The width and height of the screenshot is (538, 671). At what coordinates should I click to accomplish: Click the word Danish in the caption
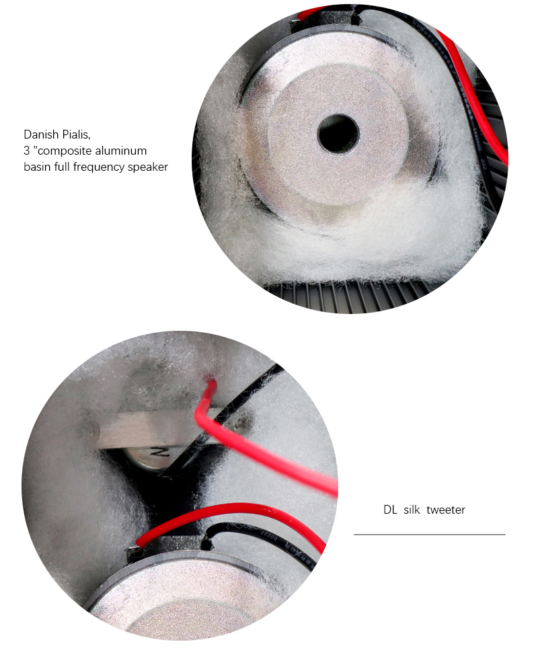click(41, 134)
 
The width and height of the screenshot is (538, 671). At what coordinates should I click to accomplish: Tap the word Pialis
click(76, 134)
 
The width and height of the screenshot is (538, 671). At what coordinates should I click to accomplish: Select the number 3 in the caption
click(26, 151)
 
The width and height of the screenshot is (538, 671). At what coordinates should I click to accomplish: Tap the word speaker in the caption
click(148, 167)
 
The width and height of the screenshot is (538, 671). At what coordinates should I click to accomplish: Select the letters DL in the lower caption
click(390, 510)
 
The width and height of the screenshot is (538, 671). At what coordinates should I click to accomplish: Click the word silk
click(412, 510)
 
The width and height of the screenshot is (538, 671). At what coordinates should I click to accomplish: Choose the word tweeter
click(446, 510)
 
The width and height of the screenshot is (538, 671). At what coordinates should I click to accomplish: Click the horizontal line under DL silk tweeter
click(429, 535)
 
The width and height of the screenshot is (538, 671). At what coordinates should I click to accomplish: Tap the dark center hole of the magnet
click(338, 134)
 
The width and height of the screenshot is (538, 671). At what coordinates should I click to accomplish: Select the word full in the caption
click(62, 167)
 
